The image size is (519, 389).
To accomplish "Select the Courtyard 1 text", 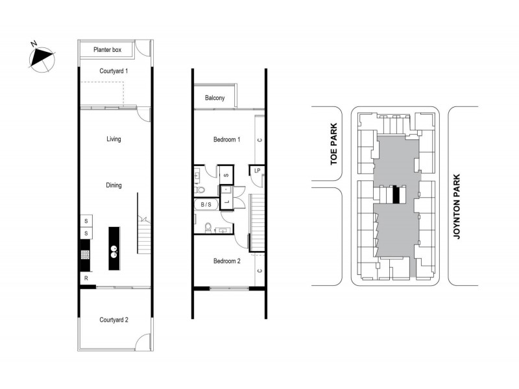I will pos(114,71).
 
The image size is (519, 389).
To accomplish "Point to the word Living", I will pos(114,139).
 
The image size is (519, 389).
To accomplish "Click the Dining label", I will pos(114,185).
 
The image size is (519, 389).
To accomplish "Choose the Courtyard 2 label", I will pos(114,320).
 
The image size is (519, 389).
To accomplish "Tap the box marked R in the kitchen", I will pos(85,278).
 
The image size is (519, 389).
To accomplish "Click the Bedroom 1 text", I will pos(227,140).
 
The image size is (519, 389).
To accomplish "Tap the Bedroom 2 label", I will pos(227,261).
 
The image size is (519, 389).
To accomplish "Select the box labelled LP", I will pos(258,171).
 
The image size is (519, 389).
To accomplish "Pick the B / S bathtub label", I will pos(206,204).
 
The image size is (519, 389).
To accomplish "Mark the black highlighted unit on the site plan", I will pos(395,194).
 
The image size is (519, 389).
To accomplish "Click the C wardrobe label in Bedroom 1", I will pos(259,140).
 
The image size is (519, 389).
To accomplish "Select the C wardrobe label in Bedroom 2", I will pos(259,270).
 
